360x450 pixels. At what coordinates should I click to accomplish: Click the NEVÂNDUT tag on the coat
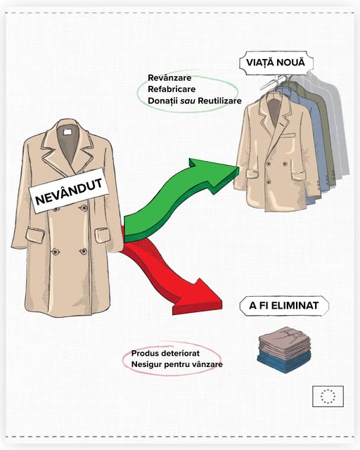[69, 191]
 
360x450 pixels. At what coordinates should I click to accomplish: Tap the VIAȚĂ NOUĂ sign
[276, 63]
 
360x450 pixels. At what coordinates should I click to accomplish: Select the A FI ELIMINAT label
[284, 306]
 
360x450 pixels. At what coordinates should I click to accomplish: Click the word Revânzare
[169, 78]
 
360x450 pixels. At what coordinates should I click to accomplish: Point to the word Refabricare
[172, 89]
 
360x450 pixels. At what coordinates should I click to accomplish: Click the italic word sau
[188, 101]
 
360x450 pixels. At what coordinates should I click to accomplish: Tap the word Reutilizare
[219, 101]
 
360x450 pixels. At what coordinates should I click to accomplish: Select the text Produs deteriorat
[165, 353]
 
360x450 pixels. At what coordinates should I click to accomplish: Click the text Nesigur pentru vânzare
[177, 364]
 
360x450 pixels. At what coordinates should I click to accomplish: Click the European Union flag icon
[328, 397]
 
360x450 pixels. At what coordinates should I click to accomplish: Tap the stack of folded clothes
[284, 349]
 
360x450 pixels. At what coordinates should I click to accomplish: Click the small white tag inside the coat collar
[67, 132]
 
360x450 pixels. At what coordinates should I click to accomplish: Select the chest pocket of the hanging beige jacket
[288, 135]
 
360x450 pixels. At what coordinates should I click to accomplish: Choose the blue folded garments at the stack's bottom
[284, 362]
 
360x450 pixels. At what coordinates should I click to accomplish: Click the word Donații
[162, 101]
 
